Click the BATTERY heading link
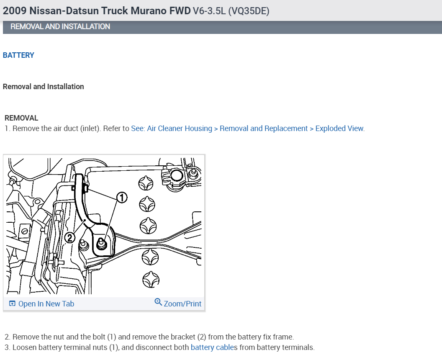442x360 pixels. (18, 55)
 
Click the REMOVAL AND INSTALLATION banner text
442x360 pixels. (60, 26)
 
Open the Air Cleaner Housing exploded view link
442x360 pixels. (248, 129)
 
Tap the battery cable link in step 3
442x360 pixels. (212, 347)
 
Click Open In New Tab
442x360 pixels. (46, 304)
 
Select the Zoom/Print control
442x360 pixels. (182, 304)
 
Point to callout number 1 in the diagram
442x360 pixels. (121, 198)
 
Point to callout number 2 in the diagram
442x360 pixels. (70, 238)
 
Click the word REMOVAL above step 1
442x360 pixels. (21, 118)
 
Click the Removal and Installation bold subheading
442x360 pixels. (44, 87)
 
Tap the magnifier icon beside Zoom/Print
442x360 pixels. (158, 302)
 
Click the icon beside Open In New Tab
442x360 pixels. (12, 304)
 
